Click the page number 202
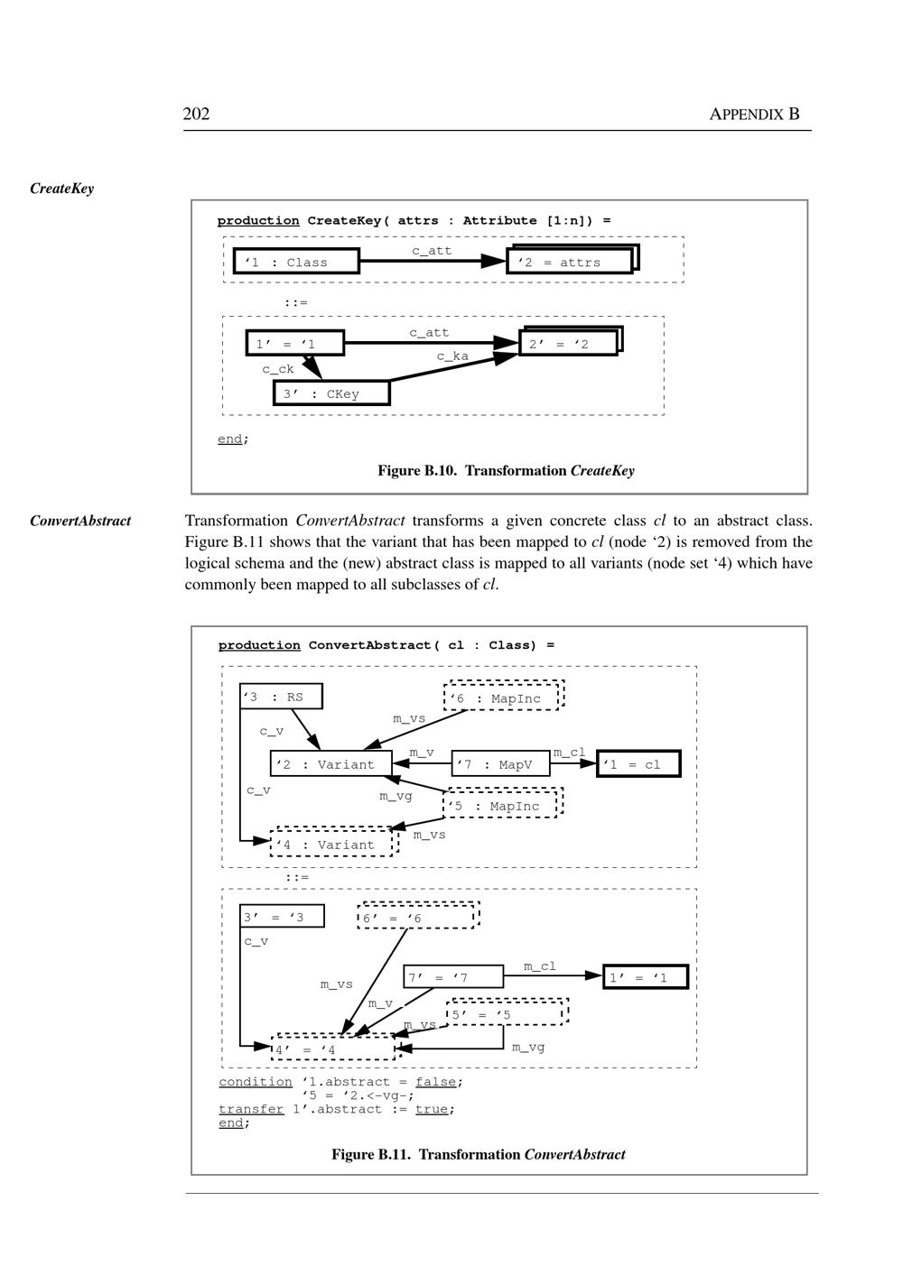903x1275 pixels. click(196, 114)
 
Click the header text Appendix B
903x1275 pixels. click(754, 114)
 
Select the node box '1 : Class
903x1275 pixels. click(296, 262)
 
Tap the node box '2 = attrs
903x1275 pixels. click(570, 262)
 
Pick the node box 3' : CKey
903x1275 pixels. click(331, 393)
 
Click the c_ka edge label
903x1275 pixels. click(452, 356)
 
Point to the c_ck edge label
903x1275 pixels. click(278, 369)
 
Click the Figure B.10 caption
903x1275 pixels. click(506, 470)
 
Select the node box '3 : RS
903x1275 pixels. click(281, 697)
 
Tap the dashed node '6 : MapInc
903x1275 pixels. click(503, 698)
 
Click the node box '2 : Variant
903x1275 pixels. click(331, 764)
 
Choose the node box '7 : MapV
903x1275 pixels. click(500, 764)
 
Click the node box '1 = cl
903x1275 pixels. click(638, 764)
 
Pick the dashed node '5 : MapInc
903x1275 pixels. click(502, 805)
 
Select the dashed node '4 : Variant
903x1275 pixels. click(332, 844)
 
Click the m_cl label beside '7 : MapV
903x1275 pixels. click(569, 752)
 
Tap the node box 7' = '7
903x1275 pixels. click(453, 977)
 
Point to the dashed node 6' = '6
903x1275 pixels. click(417, 918)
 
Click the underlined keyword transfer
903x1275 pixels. click(251, 1109)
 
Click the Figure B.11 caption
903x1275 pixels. click(478, 1154)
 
